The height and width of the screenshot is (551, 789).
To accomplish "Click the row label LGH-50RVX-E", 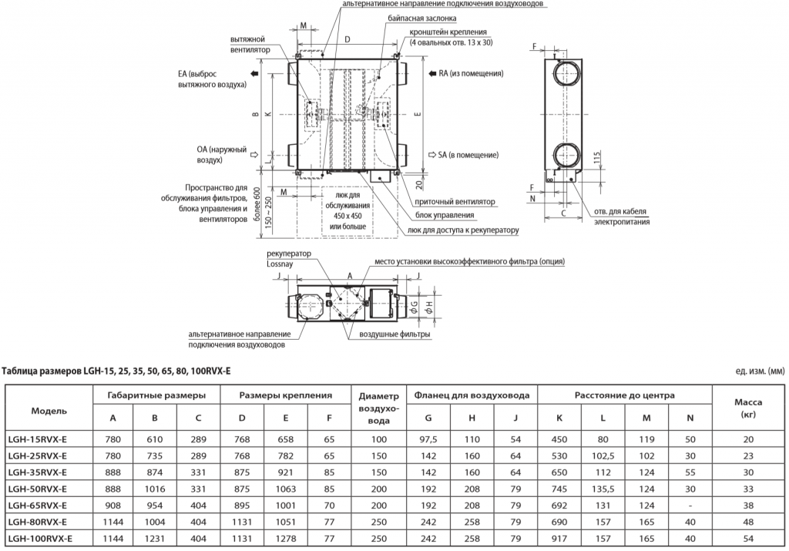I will [36, 489].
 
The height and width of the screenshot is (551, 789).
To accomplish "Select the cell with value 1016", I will [155, 489].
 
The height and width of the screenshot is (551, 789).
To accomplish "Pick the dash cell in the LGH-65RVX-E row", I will [690, 505].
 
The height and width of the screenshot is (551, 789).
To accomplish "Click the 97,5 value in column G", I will [428, 440].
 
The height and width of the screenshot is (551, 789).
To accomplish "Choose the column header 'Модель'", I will [49, 410].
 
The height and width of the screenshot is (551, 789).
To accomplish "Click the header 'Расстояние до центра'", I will [624, 395].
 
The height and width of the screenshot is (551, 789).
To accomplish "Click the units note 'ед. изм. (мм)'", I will [759, 371].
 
